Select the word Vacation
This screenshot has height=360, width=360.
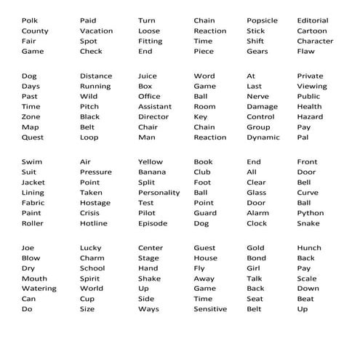[x=96, y=31]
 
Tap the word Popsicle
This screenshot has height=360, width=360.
[x=262, y=20]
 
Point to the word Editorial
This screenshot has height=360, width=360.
[x=313, y=20]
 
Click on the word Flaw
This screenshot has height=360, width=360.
[x=305, y=51]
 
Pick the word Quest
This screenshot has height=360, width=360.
[x=33, y=137]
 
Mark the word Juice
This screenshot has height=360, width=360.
[x=147, y=76]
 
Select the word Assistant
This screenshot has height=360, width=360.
[x=155, y=106]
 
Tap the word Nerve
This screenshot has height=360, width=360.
[x=257, y=96]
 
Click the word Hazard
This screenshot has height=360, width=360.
[x=310, y=116]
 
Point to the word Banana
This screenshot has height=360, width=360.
[x=152, y=172]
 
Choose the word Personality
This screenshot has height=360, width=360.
[x=159, y=193]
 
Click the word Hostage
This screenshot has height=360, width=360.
[x=95, y=203]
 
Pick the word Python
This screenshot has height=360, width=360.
[x=310, y=213]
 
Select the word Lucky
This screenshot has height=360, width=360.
[x=91, y=248]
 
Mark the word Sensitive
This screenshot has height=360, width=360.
[x=210, y=309]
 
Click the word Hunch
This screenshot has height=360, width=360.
[x=309, y=248]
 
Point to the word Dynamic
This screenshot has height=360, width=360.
[x=263, y=137]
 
